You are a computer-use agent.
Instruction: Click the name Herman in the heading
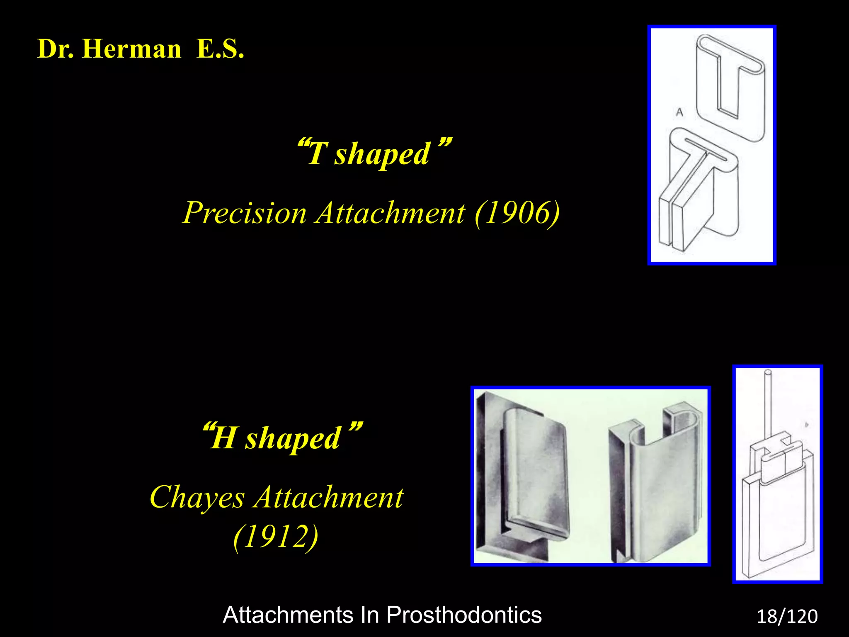click(131, 49)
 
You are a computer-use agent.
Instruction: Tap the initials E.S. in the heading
click(220, 49)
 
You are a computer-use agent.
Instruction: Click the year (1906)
click(517, 213)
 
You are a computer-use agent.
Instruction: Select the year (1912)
click(276, 537)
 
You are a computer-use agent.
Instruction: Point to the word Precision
click(245, 213)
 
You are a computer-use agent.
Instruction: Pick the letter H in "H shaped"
click(224, 438)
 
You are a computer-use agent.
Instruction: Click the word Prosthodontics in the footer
click(464, 615)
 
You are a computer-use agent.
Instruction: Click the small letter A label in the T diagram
click(679, 112)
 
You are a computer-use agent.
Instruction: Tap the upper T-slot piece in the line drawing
click(730, 87)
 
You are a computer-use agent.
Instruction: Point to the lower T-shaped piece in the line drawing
click(701, 191)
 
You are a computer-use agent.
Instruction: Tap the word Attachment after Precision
click(390, 213)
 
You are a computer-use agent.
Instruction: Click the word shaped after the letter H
click(293, 439)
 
